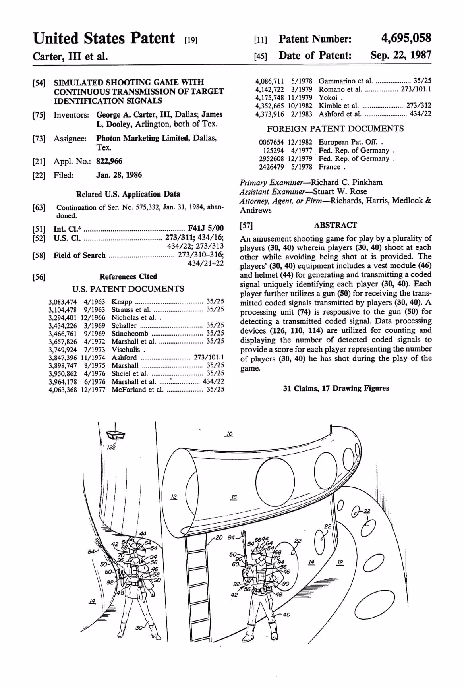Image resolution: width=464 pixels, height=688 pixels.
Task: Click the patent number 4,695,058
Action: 406,38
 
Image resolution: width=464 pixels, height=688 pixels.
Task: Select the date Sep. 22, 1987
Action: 400,55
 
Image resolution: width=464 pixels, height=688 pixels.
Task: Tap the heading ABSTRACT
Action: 335,225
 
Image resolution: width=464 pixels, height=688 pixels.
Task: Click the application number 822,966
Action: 109,161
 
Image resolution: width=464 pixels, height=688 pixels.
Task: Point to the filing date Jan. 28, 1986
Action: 119,175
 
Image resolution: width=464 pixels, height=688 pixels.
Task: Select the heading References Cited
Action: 128,276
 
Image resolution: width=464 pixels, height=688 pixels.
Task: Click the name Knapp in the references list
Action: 122,301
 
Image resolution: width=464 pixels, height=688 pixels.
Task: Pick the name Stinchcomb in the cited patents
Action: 130,333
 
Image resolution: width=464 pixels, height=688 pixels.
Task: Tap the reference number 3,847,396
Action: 63,357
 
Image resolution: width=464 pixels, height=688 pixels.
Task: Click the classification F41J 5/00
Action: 206,228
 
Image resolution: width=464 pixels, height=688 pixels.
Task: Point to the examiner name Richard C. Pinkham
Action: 346,182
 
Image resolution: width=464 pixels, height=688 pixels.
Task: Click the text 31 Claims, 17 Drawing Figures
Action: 336,388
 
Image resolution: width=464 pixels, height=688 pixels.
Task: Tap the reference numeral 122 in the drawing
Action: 111,448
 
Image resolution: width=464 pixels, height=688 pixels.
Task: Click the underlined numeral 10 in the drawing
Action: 229,434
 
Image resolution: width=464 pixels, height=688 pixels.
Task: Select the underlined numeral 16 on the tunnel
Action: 234,497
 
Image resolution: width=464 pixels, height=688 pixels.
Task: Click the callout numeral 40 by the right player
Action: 286,615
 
